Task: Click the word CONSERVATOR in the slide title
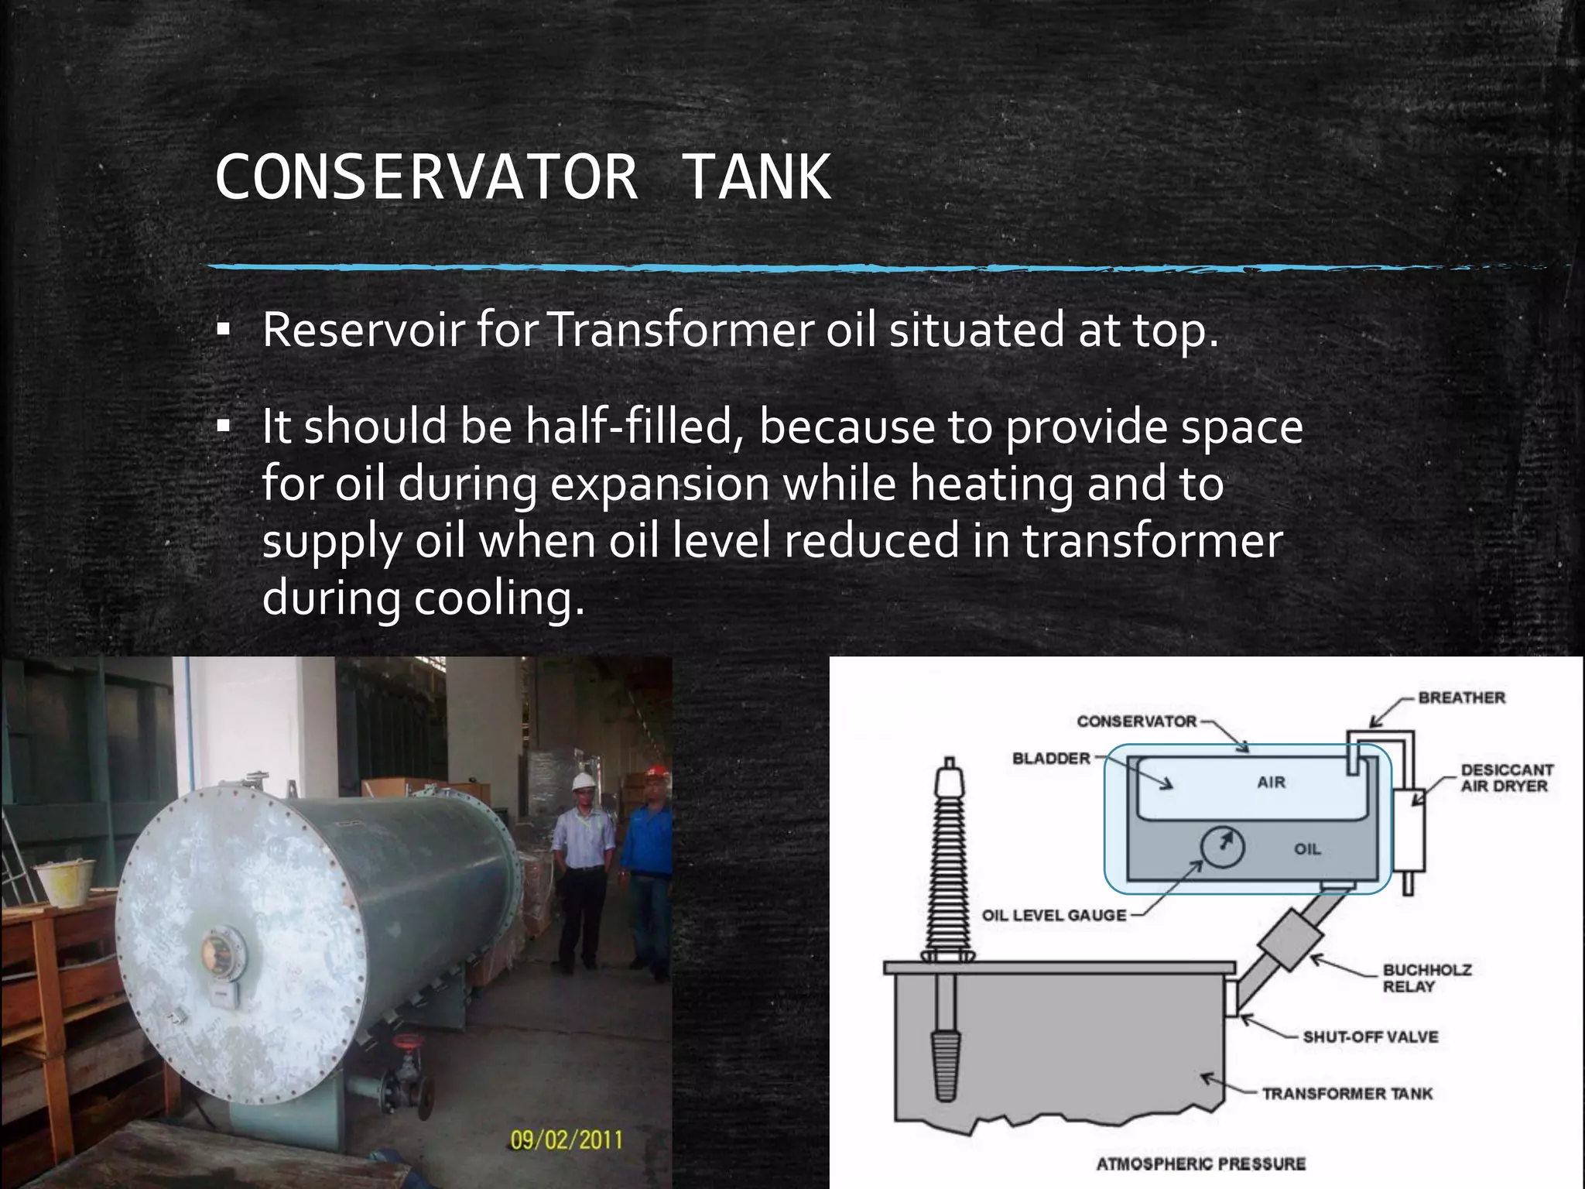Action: (x=426, y=177)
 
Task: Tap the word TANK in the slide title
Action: (x=756, y=177)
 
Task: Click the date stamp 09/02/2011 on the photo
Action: (x=566, y=1139)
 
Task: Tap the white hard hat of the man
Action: (x=583, y=781)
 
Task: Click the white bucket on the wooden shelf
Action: (x=67, y=882)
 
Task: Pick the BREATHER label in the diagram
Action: (x=1461, y=697)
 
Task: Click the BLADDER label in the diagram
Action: (x=1051, y=758)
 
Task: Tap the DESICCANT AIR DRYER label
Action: (x=1506, y=778)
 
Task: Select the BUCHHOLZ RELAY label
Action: (x=1426, y=978)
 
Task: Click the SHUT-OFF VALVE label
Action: (x=1370, y=1037)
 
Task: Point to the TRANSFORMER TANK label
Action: (x=1347, y=1093)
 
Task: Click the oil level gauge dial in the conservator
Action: (x=1222, y=846)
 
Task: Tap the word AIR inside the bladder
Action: (x=1272, y=782)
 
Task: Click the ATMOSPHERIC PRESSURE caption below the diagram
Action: (x=1200, y=1163)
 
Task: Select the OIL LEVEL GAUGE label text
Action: (x=1054, y=915)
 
